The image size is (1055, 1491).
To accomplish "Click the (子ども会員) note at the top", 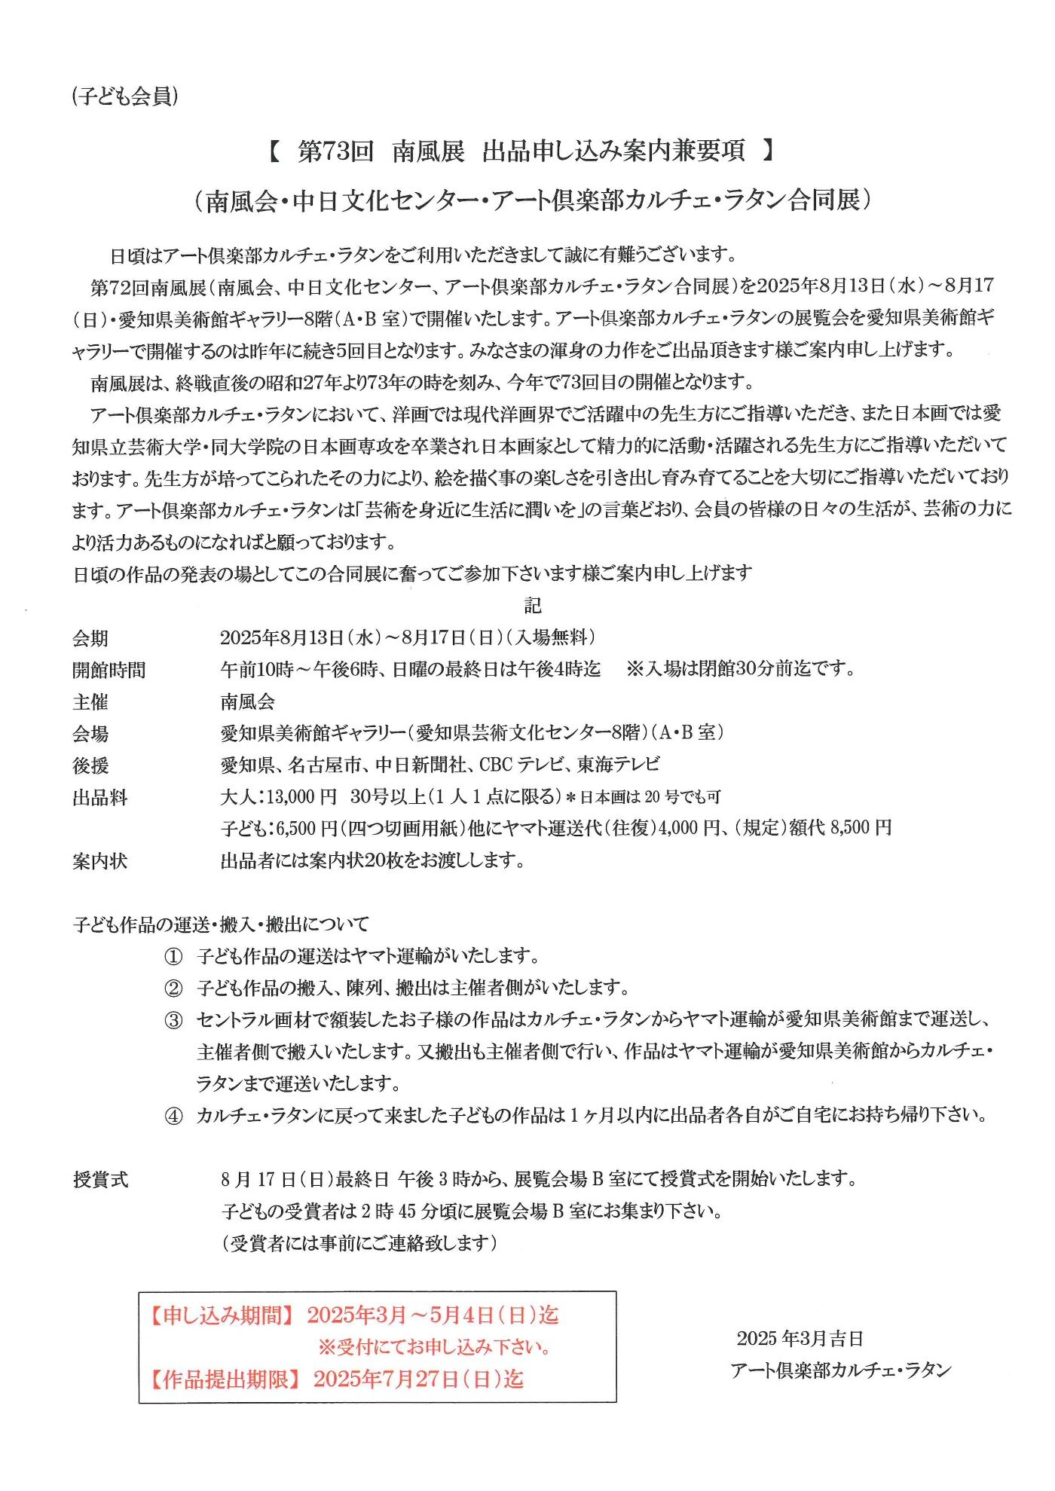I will tap(125, 96).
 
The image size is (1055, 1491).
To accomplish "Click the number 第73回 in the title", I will tap(336, 151).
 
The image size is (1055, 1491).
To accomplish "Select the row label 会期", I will tap(90, 639).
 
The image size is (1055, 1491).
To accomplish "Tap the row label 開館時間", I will tap(109, 671).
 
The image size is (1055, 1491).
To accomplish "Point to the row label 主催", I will tap(90, 702).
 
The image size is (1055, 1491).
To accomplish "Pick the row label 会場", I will tap(90, 734).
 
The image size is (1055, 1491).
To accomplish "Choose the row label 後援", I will tap(90, 765).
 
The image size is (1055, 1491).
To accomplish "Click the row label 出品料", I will tap(100, 798).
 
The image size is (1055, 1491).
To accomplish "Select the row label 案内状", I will tap(100, 861).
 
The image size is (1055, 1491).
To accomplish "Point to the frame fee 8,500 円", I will tap(861, 829).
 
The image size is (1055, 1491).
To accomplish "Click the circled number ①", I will tap(173, 957).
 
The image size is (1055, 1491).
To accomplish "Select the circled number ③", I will tap(173, 1021).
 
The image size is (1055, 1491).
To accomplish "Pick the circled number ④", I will tap(173, 1116).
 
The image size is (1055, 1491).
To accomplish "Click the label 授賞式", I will tap(101, 1180).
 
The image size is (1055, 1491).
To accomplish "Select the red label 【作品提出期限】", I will tap(222, 1379).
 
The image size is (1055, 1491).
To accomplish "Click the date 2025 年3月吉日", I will tap(800, 1339).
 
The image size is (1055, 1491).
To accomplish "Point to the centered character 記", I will tap(532, 606).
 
